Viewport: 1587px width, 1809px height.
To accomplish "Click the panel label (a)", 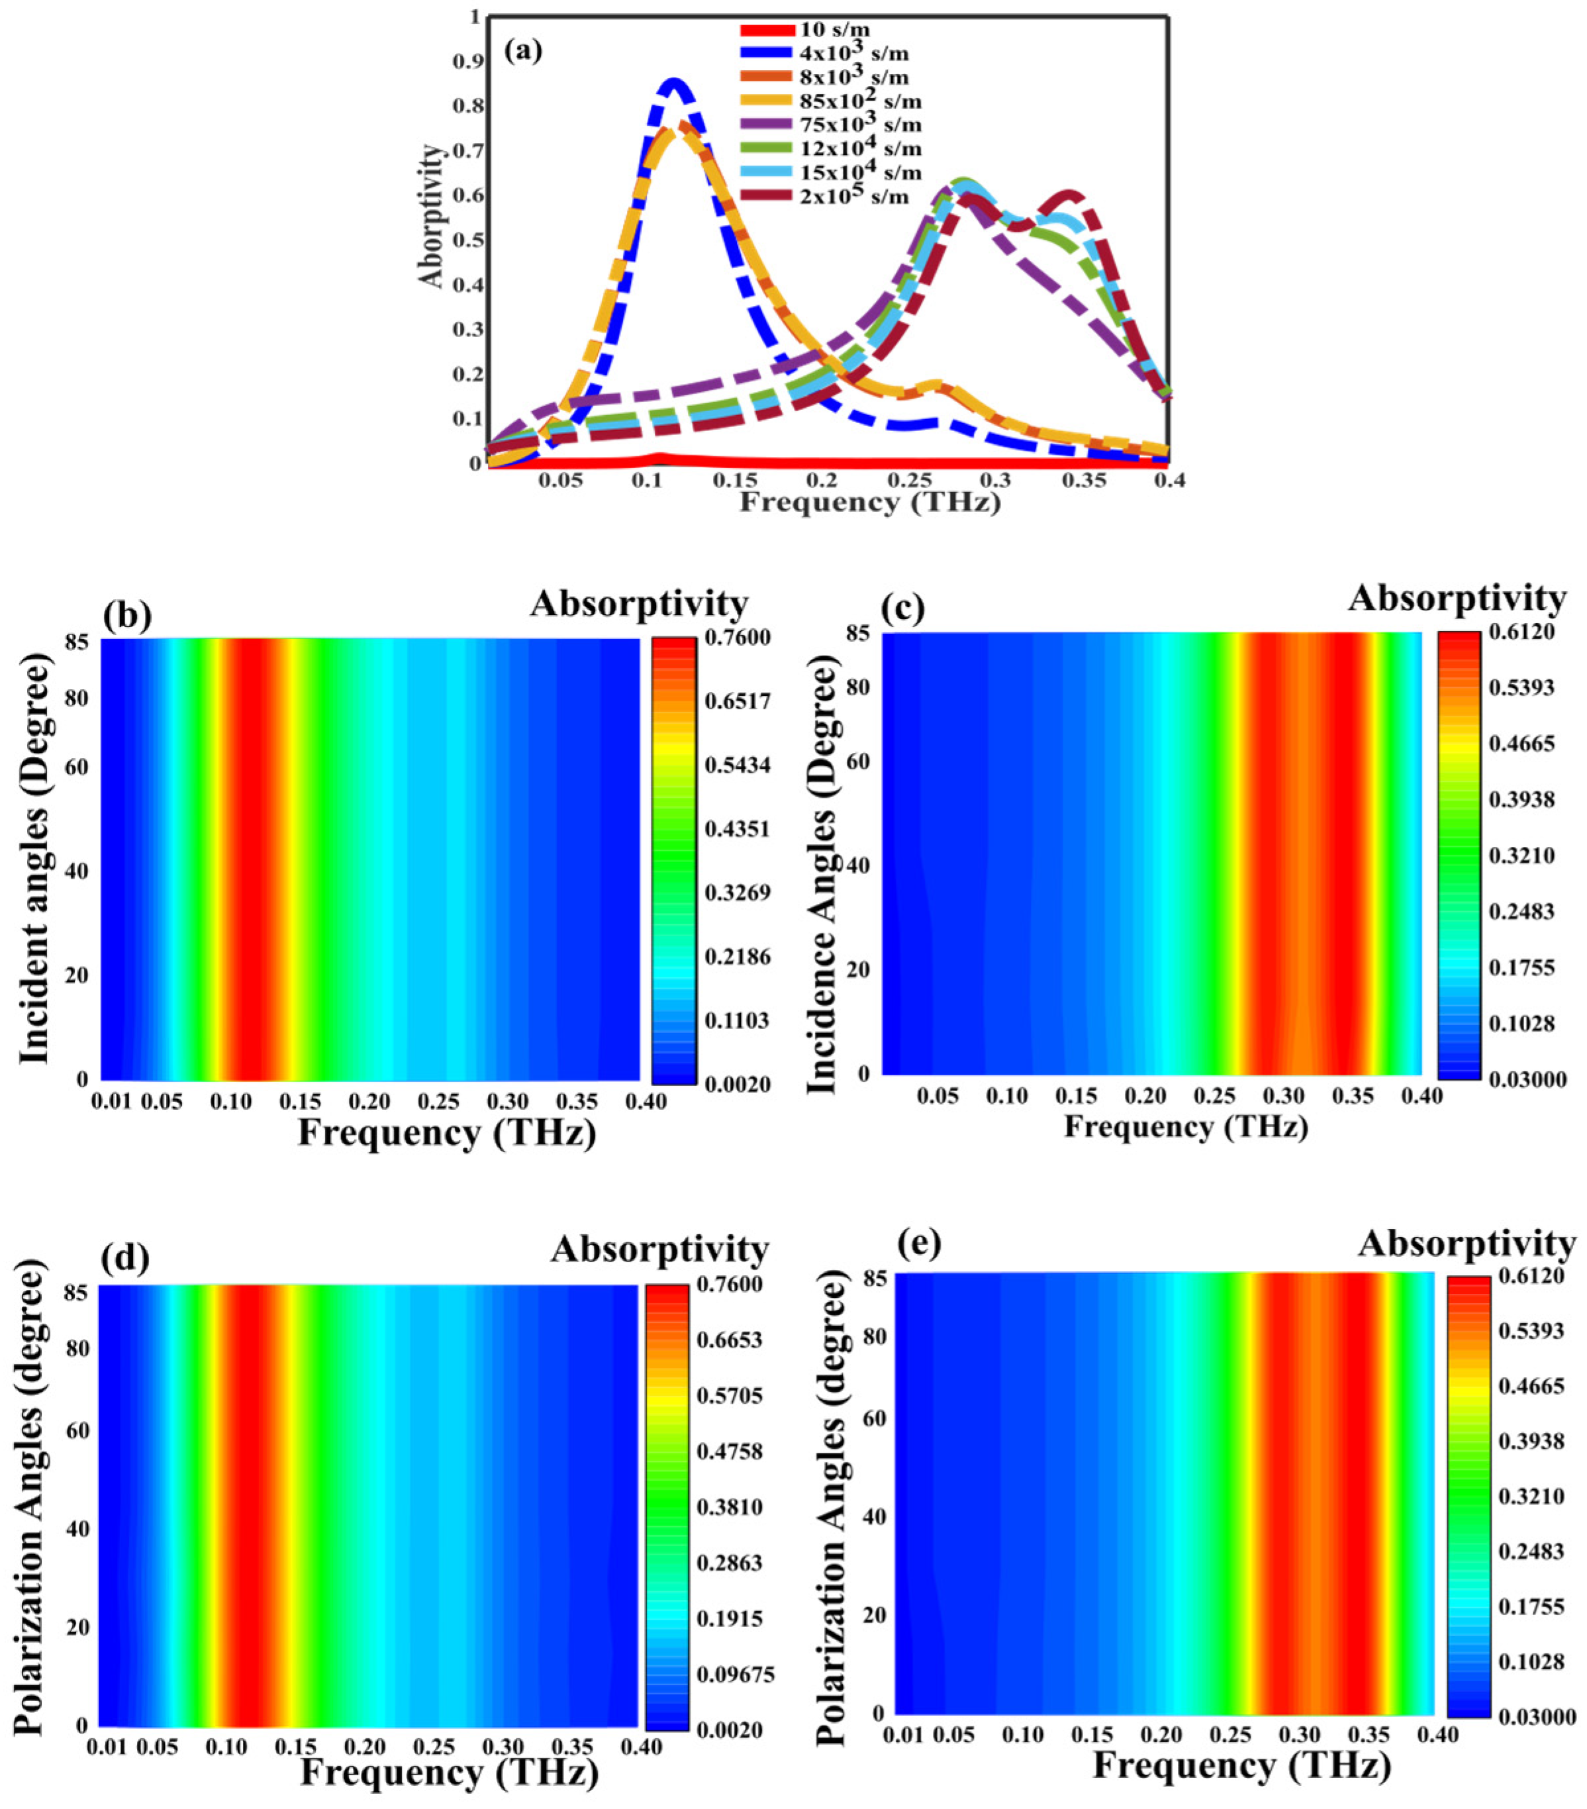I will click(x=522, y=50).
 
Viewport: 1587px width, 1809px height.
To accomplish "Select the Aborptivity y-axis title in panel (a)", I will click(x=431, y=217).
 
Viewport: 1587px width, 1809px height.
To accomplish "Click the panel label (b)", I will click(x=128, y=614).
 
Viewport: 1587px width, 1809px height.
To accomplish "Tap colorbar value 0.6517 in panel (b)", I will click(x=738, y=702).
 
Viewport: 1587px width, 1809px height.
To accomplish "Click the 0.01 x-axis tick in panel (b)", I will click(x=111, y=1102).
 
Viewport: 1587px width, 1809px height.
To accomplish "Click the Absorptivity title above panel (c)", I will click(x=1456, y=599).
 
